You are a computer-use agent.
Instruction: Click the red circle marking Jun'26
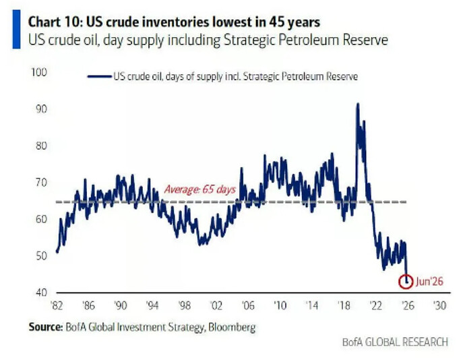[406, 275]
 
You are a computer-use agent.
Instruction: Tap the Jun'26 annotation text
[429, 281]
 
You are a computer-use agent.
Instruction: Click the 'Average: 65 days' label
[200, 189]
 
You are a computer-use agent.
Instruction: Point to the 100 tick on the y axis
[39, 72]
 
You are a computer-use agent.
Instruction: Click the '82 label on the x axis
[57, 305]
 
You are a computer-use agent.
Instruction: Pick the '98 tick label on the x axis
[184, 305]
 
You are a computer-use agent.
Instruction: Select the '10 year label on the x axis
[280, 305]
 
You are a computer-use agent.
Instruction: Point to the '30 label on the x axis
[439, 305]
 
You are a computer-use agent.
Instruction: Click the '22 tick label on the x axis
[376, 305]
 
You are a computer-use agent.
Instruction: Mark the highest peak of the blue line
[358, 104]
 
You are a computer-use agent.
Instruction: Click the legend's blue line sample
[100, 77]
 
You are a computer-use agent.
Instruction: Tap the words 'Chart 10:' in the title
[55, 22]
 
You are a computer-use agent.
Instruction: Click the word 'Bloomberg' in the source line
[232, 327]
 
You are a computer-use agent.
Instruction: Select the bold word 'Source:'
[46, 327]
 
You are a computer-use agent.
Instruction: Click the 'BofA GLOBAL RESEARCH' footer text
[395, 342]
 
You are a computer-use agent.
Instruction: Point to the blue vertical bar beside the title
[16, 29]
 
